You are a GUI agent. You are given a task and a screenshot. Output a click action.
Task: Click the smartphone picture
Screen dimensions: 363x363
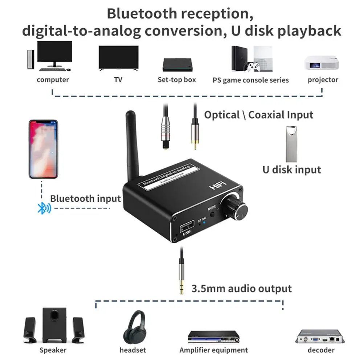pyautogui.click(x=43, y=149)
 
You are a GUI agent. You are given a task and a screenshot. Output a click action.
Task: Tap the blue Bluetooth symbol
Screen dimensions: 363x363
pyautogui.click(x=44, y=208)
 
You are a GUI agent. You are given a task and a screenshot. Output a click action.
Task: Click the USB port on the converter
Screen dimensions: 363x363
pyautogui.click(x=187, y=226)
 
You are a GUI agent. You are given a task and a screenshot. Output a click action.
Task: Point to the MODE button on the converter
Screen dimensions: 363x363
pyautogui.click(x=212, y=214)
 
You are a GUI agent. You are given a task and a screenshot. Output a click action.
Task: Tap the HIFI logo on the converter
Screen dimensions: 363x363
pyautogui.click(x=218, y=185)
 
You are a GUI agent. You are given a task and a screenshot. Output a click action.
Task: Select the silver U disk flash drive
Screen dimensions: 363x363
pyautogui.click(x=291, y=144)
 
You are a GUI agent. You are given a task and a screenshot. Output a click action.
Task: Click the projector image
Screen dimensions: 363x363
pyautogui.click(x=322, y=62)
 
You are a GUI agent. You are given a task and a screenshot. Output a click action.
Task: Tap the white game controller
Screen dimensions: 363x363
pyautogui.click(x=253, y=67)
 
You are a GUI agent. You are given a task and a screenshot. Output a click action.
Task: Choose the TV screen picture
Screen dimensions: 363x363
pyautogui.click(x=119, y=58)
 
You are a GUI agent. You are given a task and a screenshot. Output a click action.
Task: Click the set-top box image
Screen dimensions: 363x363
pyautogui.click(x=178, y=65)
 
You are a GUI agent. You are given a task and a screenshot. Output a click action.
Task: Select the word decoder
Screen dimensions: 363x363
pyautogui.click(x=321, y=350)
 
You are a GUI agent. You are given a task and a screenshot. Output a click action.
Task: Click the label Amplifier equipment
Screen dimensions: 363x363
pyautogui.click(x=213, y=350)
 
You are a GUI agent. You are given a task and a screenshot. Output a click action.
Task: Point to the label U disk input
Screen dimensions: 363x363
pyautogui.click(x=292, y=170)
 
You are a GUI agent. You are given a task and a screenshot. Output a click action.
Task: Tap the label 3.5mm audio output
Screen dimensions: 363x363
pyautogui.click(x=241, y=289)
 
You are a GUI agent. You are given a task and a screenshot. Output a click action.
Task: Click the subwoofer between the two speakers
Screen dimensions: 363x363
pyautogui.click(x=54, y=325)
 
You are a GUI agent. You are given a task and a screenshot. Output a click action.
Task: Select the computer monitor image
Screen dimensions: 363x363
pyautogui.click(x=55, y=54)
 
